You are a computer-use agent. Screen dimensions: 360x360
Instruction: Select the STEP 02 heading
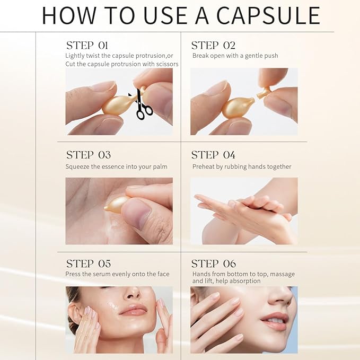coord(213,45)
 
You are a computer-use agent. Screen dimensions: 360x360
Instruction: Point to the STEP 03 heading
coord(88,155)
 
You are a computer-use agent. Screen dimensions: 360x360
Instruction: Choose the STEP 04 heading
coord(213,155)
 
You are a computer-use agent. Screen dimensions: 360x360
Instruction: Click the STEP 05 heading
coord(88,264)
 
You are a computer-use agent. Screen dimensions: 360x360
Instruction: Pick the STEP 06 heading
coord(213,264)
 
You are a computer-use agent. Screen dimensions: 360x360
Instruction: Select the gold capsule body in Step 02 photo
coord(238,107)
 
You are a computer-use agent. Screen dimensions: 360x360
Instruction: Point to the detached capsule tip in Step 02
coord(264,93)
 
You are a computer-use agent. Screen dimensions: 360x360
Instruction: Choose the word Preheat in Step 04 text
coord(204,166)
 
